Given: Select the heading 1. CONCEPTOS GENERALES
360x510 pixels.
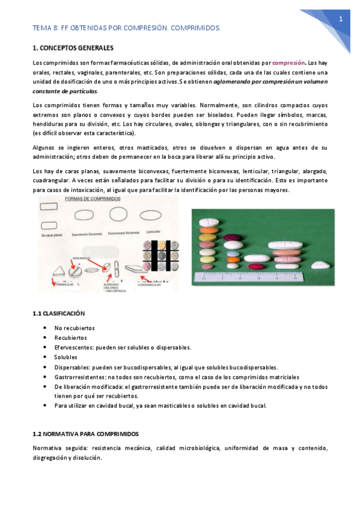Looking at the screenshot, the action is tap(72, 48).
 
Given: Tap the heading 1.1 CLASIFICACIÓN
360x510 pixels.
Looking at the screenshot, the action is tap(59, 313).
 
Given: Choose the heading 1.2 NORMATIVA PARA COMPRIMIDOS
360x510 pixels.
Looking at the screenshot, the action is tap(85, 433).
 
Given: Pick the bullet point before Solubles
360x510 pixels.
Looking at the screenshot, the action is tap(46, 357).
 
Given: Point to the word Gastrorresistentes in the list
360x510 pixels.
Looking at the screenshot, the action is tap(77, 376).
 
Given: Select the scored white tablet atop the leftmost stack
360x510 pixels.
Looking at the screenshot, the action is tap(207, 225).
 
